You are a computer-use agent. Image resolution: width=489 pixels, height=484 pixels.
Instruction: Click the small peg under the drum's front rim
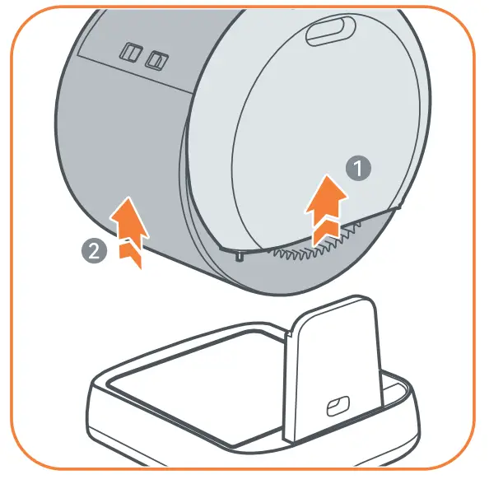pos(238,258)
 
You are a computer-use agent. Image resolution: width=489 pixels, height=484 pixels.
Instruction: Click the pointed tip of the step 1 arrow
pos(330,179)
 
